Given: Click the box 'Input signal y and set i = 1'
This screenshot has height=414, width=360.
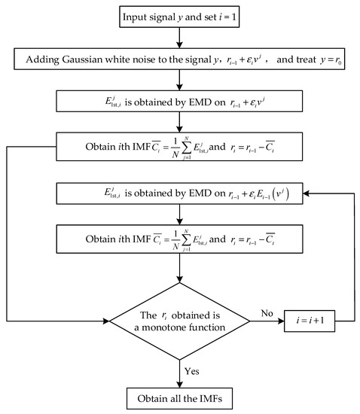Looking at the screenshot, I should pos(179,17).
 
